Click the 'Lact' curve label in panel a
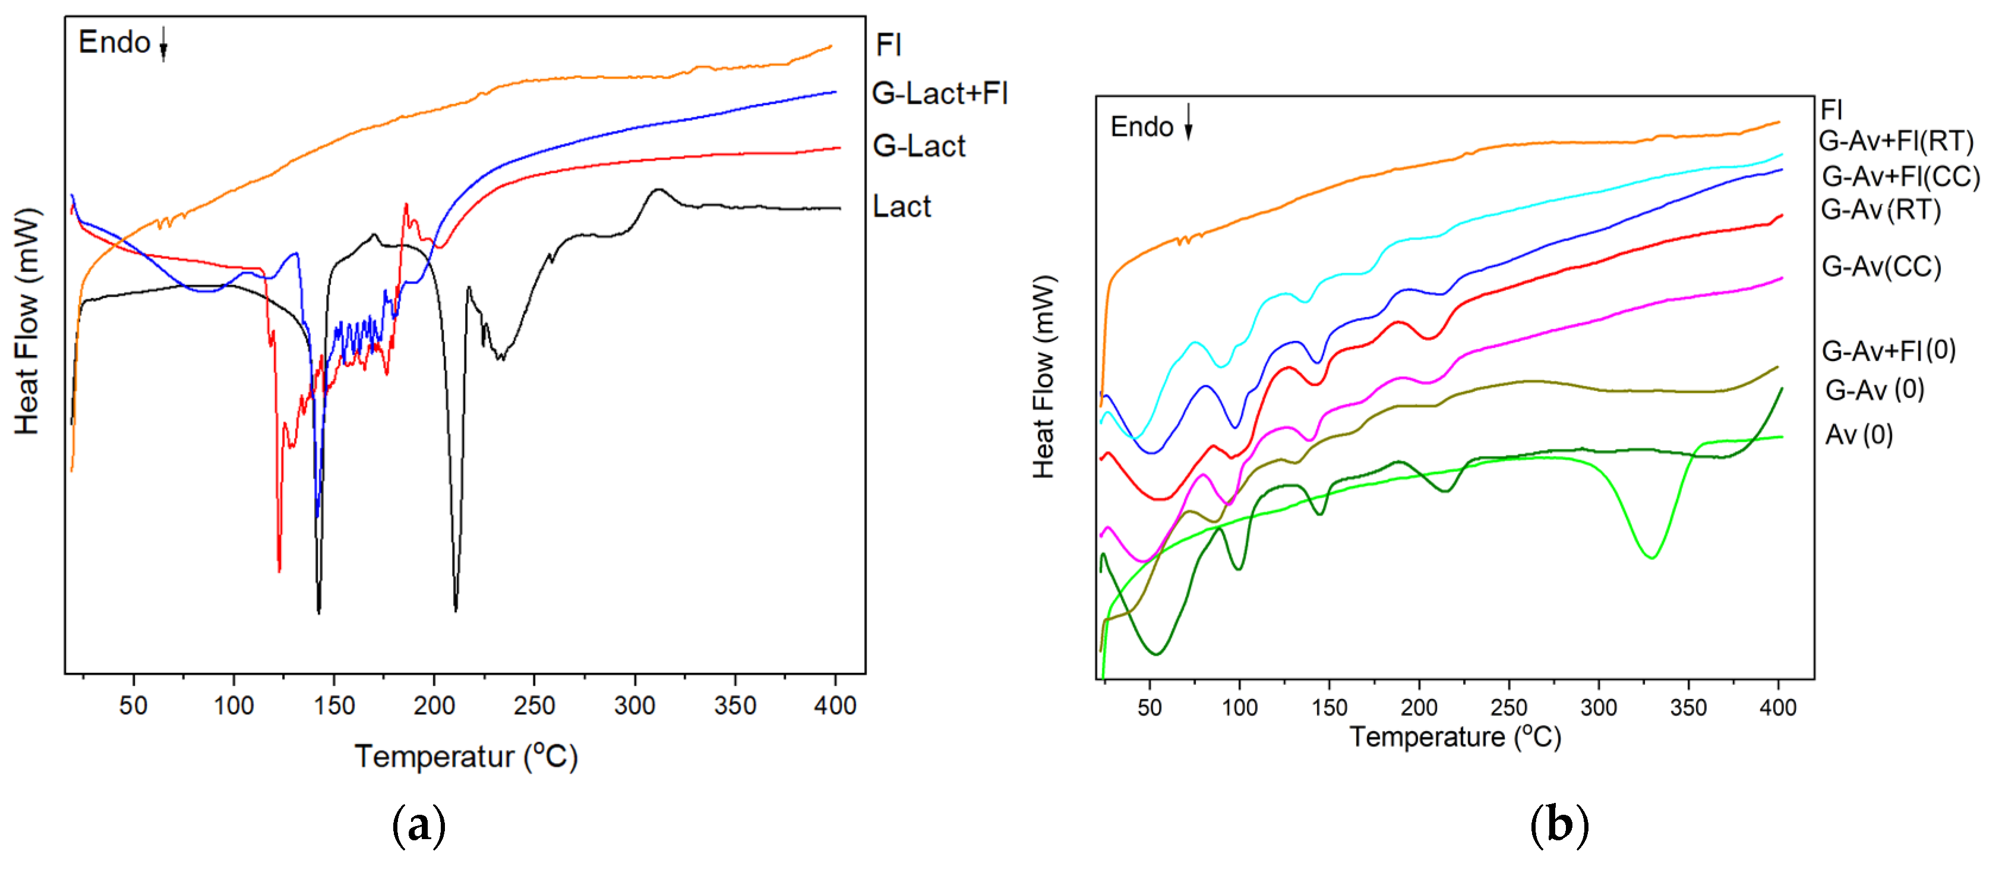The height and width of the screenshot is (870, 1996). click(x=901, y=207)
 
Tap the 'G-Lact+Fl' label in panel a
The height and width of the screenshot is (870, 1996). click(x=939, y=94)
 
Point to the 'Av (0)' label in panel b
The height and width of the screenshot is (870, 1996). click(x=1858, y=435)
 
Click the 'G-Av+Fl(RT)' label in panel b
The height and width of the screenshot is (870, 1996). click(x=1895, y=141)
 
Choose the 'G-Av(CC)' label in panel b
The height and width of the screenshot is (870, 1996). click(x=1881, y=267)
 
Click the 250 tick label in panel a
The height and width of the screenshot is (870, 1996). click(x=534, y=706)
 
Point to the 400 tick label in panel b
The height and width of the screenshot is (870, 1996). click(x=1777, y=707)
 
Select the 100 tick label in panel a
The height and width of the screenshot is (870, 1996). click(x=233, y=706)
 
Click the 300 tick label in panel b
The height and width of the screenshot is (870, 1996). click(x=1599, y=707)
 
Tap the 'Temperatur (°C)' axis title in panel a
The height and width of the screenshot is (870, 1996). click(x=466, y=757)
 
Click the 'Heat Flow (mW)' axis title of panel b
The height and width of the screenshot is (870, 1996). click(x=1044, y=377)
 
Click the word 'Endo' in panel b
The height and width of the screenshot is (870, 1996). click(x=1141, y=127)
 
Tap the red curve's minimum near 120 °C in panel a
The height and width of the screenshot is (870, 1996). click(x=279, y=570)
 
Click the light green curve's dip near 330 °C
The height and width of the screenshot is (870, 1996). click(x=1651, y=557)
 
